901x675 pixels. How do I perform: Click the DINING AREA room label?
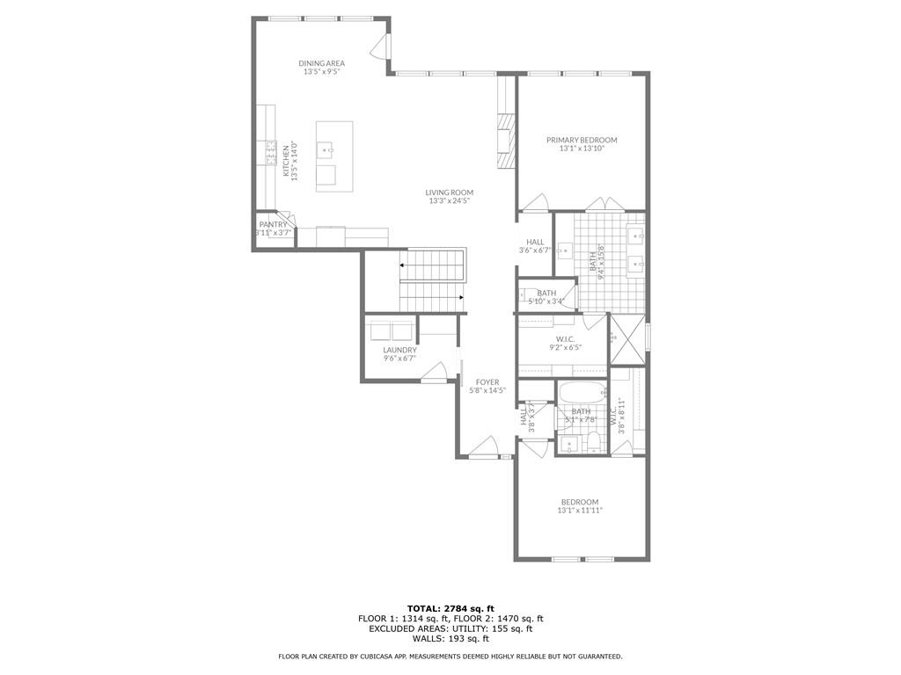tap(321, 63)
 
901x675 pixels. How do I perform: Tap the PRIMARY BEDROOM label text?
tap(582, 140)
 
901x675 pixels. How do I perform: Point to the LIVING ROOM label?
tap(450, 192)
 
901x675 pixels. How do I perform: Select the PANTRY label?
tap(273, 224)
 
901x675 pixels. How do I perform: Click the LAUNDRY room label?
tap(399, 351)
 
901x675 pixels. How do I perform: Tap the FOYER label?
tap(487, 382)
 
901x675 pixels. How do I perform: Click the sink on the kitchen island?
tap(325, 150)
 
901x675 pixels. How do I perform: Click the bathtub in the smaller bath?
tap(582, 392)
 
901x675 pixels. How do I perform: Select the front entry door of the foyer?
tap(484, 451)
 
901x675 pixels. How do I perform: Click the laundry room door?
tap(433, 375)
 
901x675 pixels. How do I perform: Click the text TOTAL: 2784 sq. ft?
tap(450, 608)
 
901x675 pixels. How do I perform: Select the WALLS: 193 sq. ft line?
tap(450, 639)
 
